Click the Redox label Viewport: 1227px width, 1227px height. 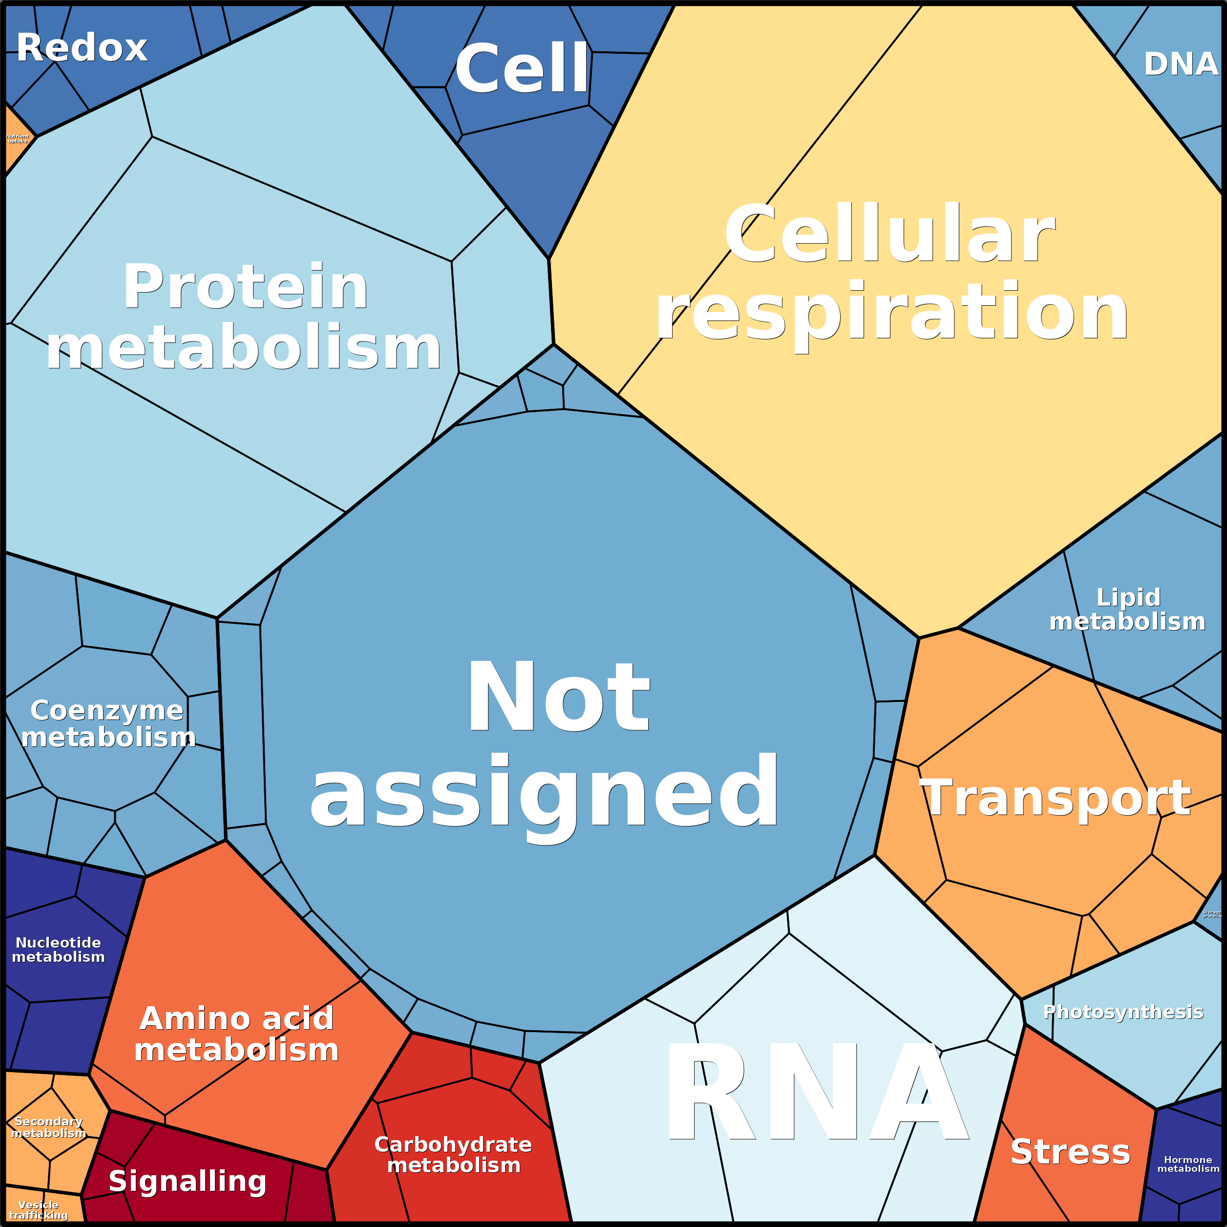[82, 48]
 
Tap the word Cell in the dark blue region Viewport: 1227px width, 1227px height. [522, 68]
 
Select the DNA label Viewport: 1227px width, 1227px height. [1180, 64]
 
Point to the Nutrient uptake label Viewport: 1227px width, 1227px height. [18, 138]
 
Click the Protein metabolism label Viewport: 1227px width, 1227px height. [245, 317]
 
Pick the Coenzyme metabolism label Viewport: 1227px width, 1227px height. [108, 723]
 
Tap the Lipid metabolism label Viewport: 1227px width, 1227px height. [1127, 610]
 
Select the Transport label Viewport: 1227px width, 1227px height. [1055, 798]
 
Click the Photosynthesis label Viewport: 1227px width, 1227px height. [1123, 1012]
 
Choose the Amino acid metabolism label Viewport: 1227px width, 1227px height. [236, 1034]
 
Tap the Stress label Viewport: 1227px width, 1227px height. [1070, 1152]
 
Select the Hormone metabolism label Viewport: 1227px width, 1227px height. [1187, 1164]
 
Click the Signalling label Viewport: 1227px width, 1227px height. [188, 1181]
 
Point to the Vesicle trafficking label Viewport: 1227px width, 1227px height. [38, 1210]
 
